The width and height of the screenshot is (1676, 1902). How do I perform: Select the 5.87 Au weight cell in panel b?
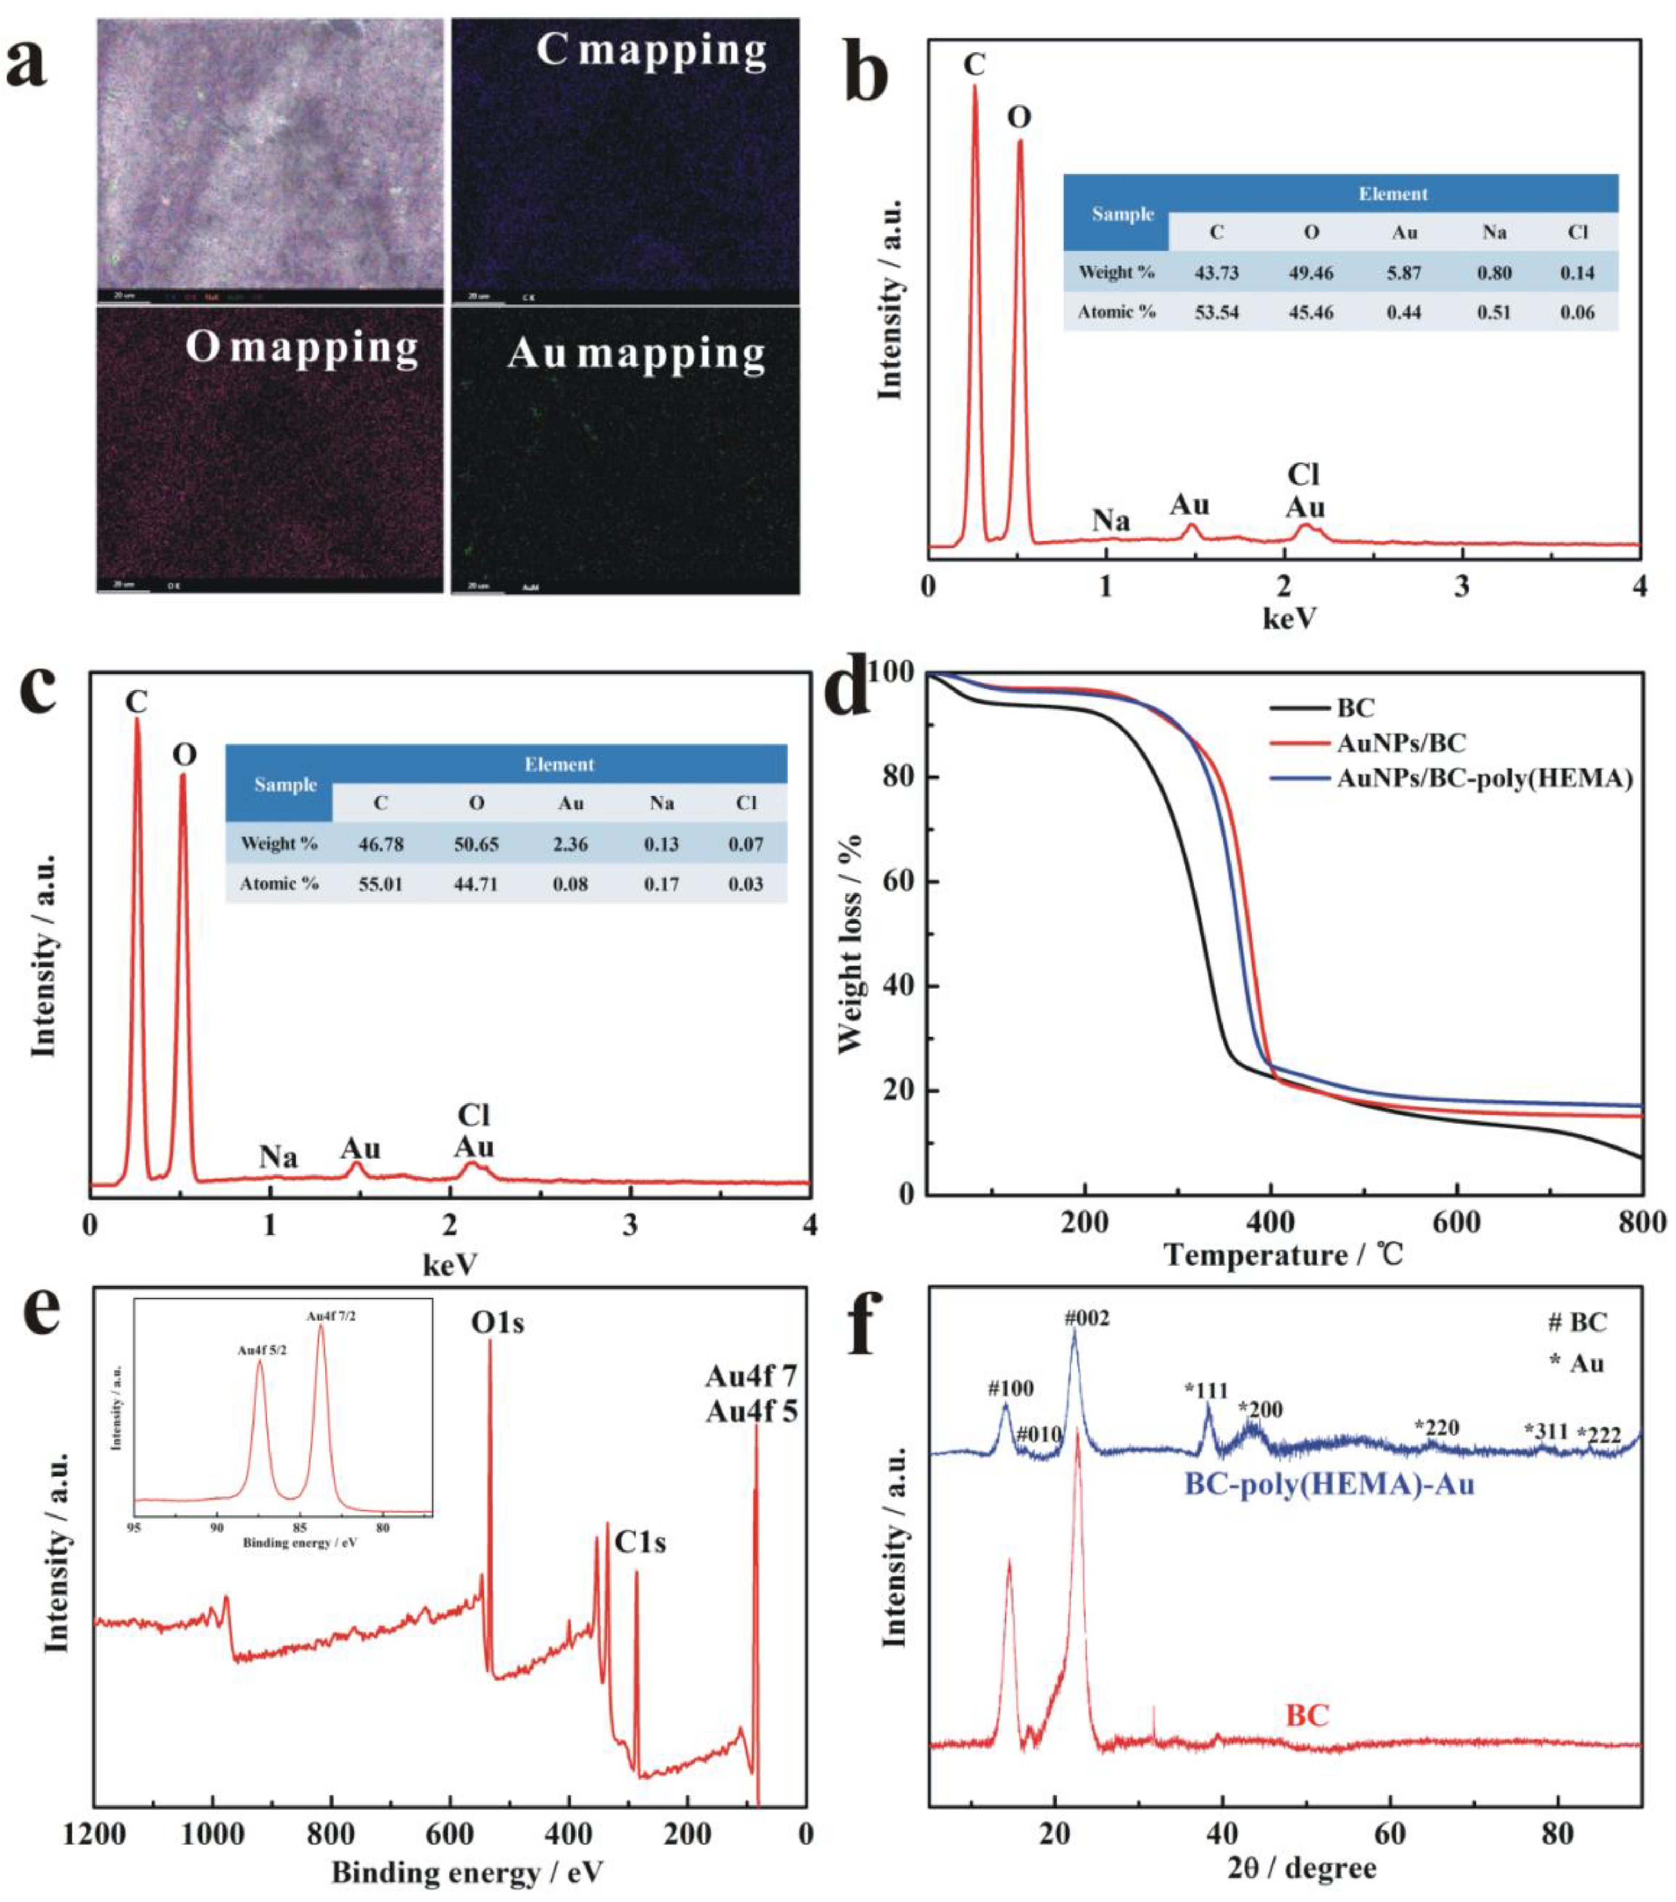pyautogui.click(x=1404, y=273)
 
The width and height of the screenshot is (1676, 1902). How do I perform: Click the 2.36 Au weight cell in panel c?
pyautogui.click(x=571, y=844)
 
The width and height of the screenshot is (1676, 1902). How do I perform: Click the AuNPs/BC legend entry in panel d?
pyautogui.click(x=1401, y=742)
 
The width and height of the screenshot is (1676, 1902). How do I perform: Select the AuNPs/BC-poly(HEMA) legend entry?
pyautogui.click(x=1485, y=779)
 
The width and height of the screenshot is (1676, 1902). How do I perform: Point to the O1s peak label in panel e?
pyautogui.click(x=497, y=1322)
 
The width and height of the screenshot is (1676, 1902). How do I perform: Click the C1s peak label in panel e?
pyautogui.click(x=640, y=1543)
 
